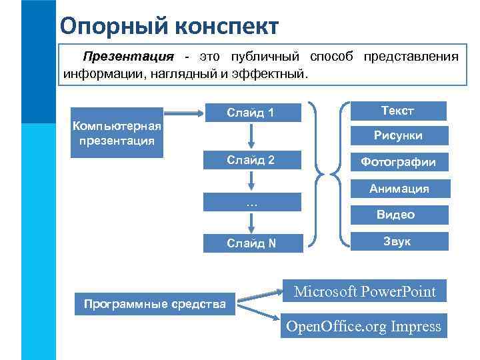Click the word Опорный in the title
113,26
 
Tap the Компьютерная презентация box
117,133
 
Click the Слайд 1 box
251,113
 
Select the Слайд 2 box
251,160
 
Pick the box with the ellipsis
251,203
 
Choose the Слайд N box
251,243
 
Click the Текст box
397,111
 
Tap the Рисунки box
397,135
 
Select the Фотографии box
397,162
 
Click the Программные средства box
155,305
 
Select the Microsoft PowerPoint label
365,291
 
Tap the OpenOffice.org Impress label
363,326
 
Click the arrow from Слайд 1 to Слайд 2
251,137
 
